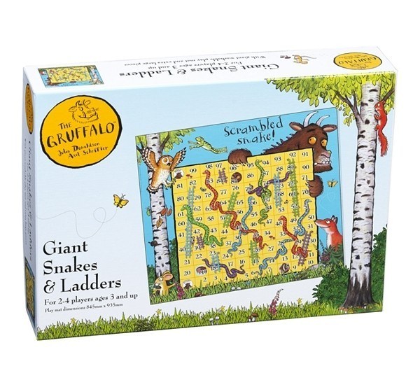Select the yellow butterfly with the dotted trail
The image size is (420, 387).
coord(120,201)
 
